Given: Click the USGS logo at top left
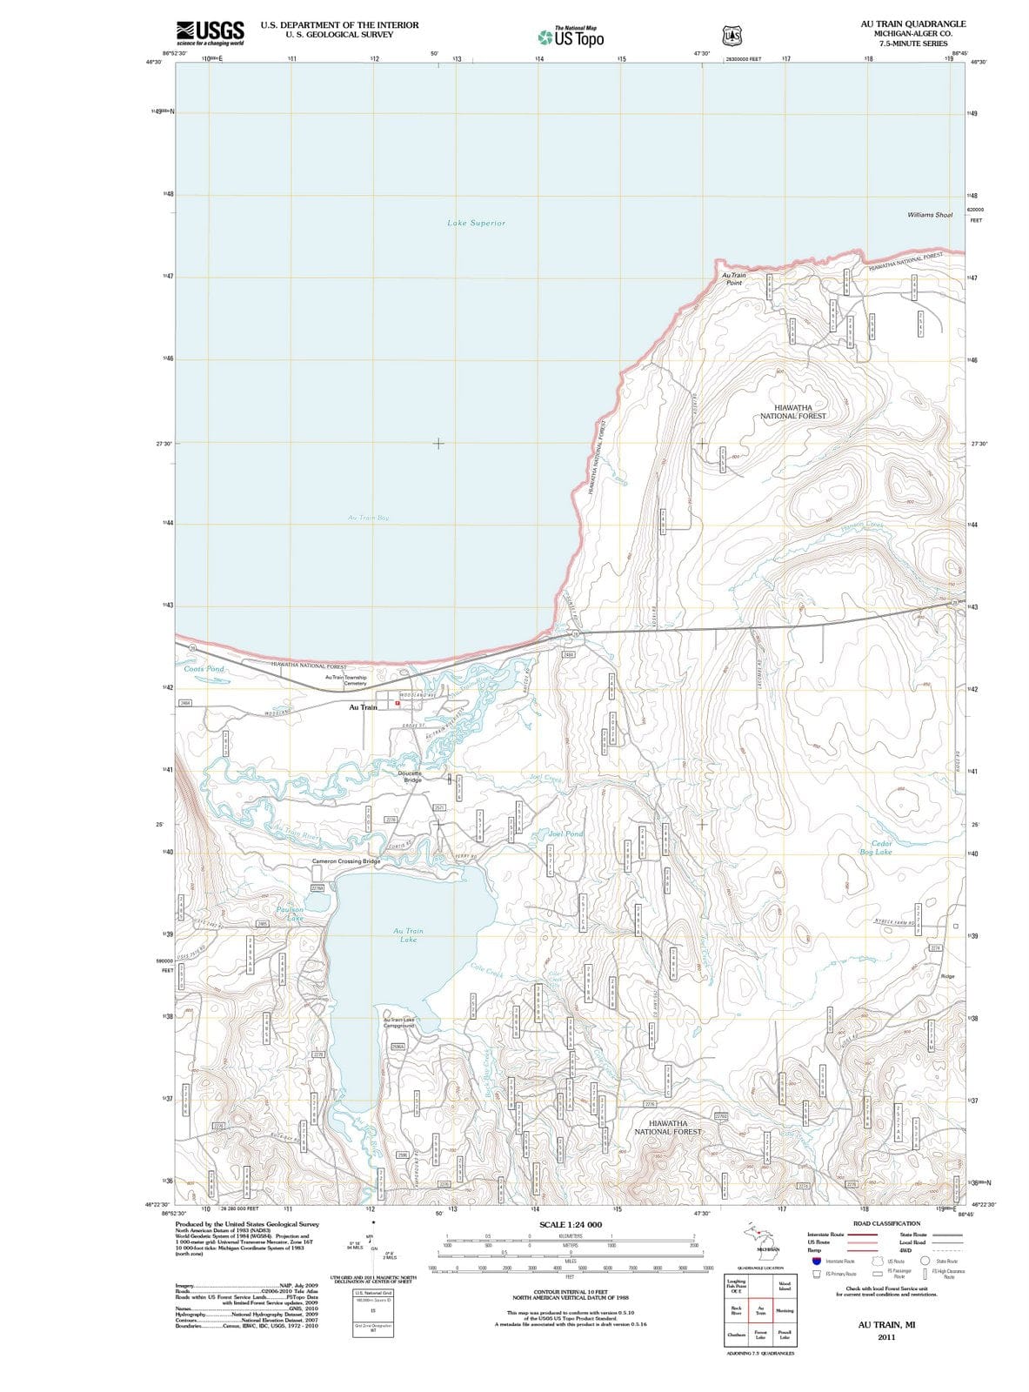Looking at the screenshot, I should point(210,33).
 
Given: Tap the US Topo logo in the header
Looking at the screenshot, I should point(569,37).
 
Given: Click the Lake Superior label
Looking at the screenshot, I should point(476,223).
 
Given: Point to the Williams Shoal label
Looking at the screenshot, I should point(929,215).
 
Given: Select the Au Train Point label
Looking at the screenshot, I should point(734,278).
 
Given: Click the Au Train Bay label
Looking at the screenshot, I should point(368,518).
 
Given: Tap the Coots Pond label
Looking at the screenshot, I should point(204,669).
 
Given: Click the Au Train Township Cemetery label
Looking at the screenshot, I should point(345,679).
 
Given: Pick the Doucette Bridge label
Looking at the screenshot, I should point(410,776).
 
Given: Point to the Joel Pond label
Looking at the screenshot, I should point(566,833).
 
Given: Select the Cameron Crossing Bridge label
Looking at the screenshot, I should point(346,861).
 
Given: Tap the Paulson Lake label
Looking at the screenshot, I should point(290,913).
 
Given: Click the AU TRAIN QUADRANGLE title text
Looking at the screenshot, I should point(911,24).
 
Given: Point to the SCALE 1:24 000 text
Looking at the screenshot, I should point(570,1225).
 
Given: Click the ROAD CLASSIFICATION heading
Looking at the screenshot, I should point(886,1224).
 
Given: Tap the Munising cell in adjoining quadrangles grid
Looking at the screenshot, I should point(784,1311).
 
